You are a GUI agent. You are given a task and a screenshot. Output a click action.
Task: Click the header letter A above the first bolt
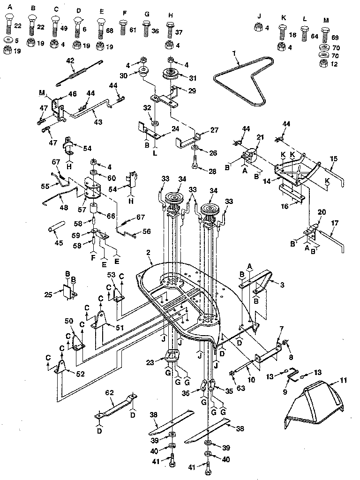click(9, 8)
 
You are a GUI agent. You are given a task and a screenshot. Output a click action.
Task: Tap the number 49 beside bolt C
click(64, 28)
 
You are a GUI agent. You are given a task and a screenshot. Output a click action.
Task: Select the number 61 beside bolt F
click(133, 30)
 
